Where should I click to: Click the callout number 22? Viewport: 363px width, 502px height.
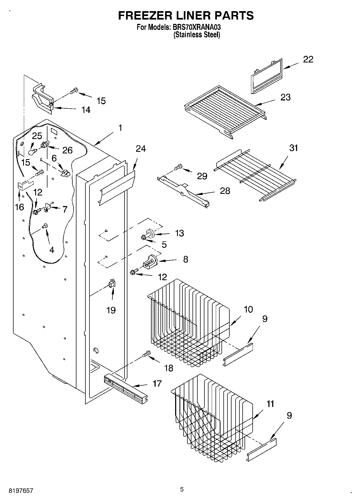pyautogui.click(x=308, y=59)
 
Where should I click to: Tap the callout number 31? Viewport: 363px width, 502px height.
pyautogui.click(x=294, y=148)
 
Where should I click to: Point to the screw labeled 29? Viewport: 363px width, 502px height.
pyautogui.click(x=178, y=168)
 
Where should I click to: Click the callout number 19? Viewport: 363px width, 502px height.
pyautogui.click(x=111, y=310)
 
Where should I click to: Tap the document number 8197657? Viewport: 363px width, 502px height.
pyautogui.click(x=21, y=490)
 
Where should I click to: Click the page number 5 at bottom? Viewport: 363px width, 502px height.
pyautogui.click(x=182, y=489)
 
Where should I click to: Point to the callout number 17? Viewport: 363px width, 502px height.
pyautogui.click(x=157, y=383)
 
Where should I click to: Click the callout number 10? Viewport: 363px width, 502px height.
pyautogui.click(x=248, y=309)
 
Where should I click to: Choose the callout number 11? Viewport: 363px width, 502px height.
pyautogui.click(x=270, y=404)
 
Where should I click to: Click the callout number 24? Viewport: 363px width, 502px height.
pyautogui.click(x=141, y=149)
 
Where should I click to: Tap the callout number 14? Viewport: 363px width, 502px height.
pyautogui.click(x=86, y=110)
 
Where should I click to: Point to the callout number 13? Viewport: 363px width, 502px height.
pyautogui.click(x=179, y=233)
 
